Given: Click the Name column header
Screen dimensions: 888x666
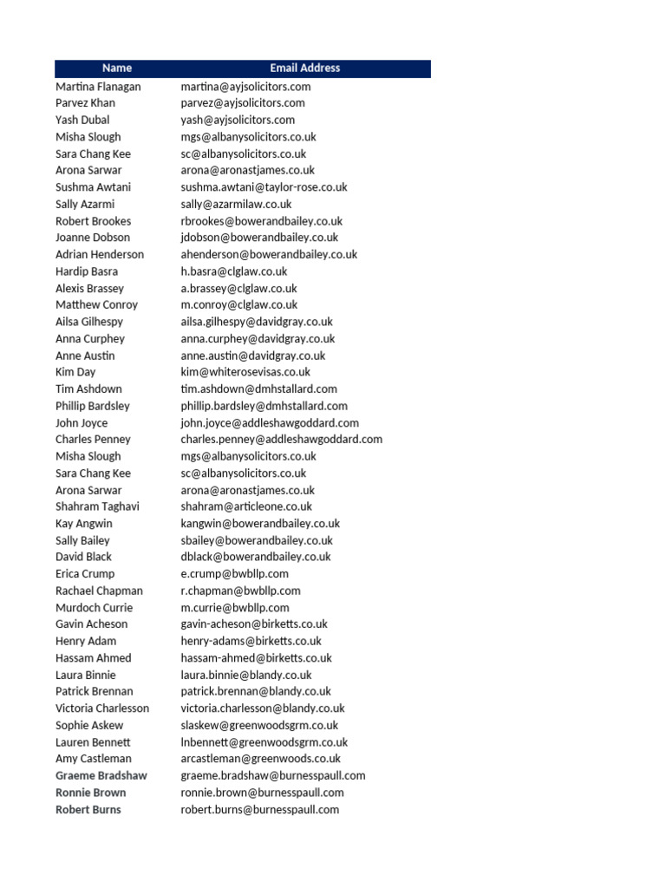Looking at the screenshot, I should point(117,68).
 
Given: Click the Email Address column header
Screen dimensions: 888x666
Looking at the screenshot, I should point(304,68).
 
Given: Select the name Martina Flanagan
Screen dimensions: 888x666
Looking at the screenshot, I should point(98,87).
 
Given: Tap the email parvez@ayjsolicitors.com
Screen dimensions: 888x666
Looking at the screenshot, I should point(243,103).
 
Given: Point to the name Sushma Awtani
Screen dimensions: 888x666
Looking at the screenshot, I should point(94,187).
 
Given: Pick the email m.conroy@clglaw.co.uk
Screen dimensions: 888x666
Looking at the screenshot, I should point(238,305).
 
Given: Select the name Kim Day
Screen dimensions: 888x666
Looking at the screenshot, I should point(75,372).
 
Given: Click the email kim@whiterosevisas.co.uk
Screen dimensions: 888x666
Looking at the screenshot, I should point(245,372).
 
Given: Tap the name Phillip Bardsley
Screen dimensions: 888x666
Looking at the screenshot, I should point(93,406).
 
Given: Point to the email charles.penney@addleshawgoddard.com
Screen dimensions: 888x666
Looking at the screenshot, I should point(281,440).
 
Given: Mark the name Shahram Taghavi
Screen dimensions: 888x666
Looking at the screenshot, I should point(97,506).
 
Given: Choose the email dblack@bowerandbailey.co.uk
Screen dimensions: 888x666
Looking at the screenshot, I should point(256,557).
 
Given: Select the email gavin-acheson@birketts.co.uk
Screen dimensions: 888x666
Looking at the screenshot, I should point(254,624).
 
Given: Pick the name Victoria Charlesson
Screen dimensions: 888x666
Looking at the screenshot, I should point(102,708).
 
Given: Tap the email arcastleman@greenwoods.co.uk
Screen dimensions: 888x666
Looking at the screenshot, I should point(261,759).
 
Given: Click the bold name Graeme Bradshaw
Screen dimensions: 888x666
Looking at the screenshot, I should point(101,776).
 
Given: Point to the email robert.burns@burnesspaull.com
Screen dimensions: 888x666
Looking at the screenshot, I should point(260,810).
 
